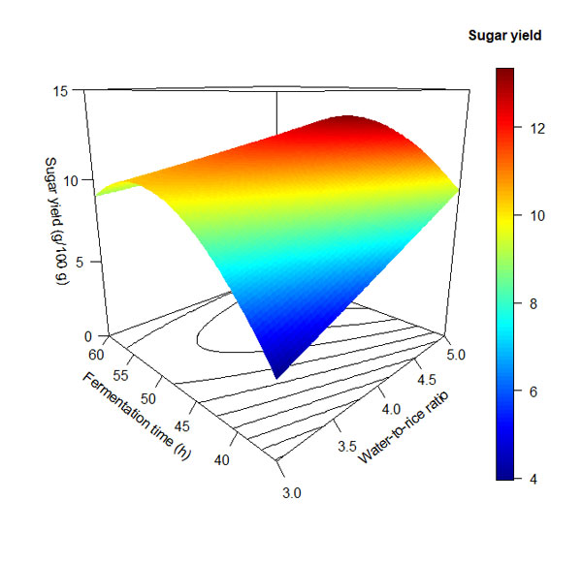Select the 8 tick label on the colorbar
pos(536,303)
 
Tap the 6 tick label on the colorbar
pos(536,392)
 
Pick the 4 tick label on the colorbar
pos(536,479)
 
